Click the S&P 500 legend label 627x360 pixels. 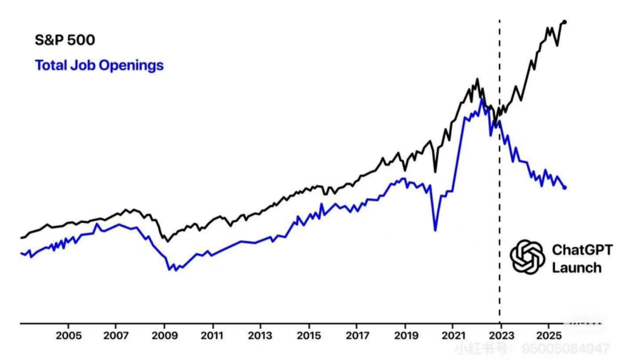[x=64, y=40]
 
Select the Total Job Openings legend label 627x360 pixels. [x=99, y=65]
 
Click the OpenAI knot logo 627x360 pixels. [x=527, y=257]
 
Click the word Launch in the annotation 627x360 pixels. [x=576, y=268]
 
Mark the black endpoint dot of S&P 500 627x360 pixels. [x=565, y=22]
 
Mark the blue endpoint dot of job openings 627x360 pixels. [x=565, y=187]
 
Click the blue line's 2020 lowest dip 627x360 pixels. [x=435, y=231]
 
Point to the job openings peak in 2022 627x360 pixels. [x=481, y=100]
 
